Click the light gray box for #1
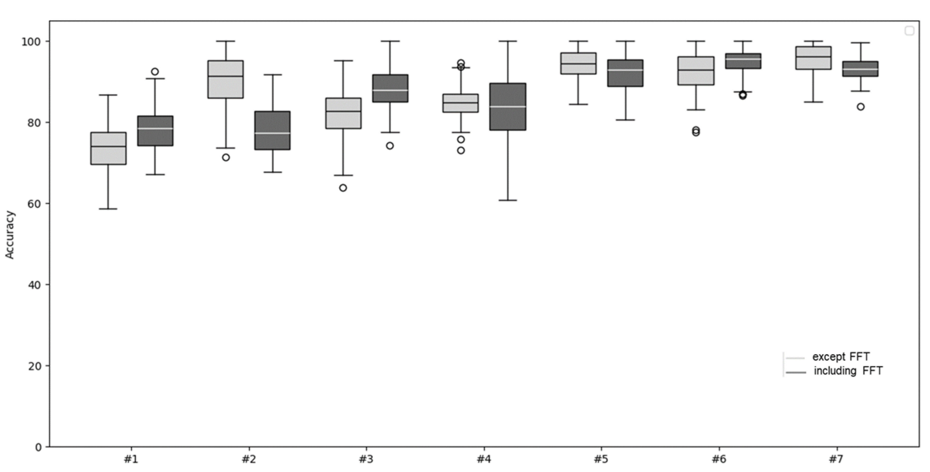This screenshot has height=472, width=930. coord(108,148)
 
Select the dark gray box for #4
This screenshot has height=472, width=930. coord(508,106)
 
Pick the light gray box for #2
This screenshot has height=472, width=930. coord(226,79)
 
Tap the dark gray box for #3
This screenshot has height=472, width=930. coord(390,88)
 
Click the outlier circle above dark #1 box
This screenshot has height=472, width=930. coord(155,71)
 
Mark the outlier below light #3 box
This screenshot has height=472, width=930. coord(343,188)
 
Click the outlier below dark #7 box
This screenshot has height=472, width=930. coord(861,107)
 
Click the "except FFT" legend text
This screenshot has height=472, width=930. coord(841,357)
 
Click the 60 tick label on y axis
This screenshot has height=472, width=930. coord(34,204)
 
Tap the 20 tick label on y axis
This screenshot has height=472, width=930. coord(34,366)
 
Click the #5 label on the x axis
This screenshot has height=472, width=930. coord(601,459)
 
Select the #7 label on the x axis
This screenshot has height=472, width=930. coord(835,459)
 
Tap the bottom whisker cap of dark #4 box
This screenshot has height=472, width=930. coord(508,200)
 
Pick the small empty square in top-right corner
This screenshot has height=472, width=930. coord(909,31)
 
